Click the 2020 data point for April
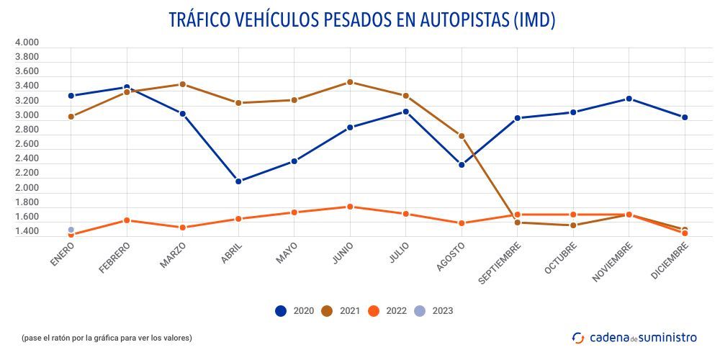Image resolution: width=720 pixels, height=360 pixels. pyautogui.click(x=238, y=181)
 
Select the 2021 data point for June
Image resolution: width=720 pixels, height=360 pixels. pyautogui.click(x=350, y=82)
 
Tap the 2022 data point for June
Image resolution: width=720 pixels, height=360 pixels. pyautogui.click(x=350, y=207)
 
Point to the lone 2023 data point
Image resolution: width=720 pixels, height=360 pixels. pyautogui.click(x=71, y=230)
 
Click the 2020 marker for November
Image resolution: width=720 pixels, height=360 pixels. pyautogui.click(x=629, y=99)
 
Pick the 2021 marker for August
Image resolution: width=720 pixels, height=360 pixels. pyautogui.click(x=462, y=136)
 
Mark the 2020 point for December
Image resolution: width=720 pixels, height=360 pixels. pyautogui.click(x=685, y=117)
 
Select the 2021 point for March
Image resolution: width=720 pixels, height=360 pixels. pyautogui.click(x=182, y=84)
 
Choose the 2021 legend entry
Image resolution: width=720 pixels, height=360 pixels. pyautogui.click(x=343, y=311)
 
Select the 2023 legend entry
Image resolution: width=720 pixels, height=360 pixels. pyautogui.click(x=435, y=311)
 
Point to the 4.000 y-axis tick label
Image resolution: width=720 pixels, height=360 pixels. pyautogui.click(x=27, y=42)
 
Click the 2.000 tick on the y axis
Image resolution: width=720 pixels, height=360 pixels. pyautogui.click(x=27, y=188)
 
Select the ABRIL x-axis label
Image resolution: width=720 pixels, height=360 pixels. pyautogui.click(x=231, y=254)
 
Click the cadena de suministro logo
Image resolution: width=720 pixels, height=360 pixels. pyautogui.click(x=634, y=337)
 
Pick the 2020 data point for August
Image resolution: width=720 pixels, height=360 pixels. pyautogui.click(x=462, y=165)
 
